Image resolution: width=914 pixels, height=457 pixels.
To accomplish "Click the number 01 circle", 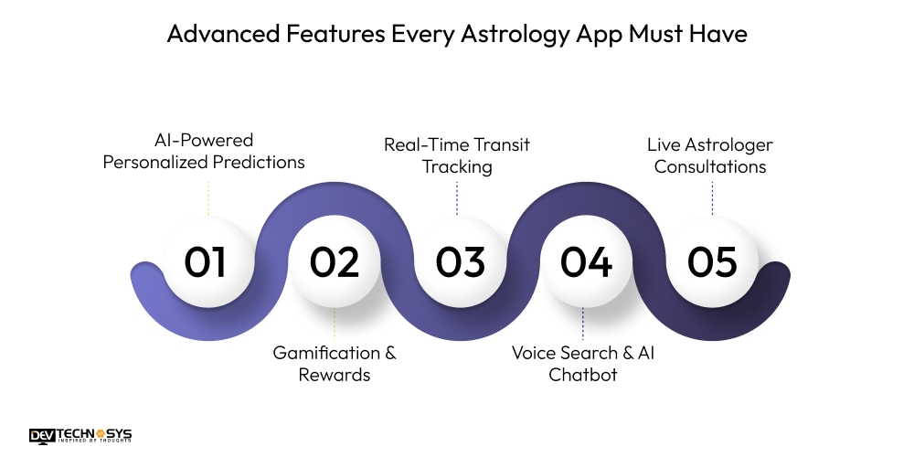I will coord(206,261).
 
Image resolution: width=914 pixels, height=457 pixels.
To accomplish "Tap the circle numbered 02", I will coord(334,261).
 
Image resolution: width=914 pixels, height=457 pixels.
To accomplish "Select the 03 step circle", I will coord(459,261).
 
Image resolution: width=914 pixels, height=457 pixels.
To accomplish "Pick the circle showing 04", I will coord(585,261).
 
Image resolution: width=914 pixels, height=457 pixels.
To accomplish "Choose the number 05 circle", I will coord(711,261).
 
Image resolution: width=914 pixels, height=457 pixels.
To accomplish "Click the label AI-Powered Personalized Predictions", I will coord(204,151).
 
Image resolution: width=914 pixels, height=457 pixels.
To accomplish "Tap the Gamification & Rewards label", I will coord(335,364).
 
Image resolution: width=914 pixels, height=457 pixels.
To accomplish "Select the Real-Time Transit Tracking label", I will coord(457,155).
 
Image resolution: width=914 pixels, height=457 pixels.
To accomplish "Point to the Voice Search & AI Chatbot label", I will coord(583,364).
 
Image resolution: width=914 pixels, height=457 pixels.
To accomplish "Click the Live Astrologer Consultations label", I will coord(710,155).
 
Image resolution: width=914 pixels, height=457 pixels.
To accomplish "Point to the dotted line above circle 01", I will coord(207,197).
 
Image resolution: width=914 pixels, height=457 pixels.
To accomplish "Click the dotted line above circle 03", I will coord(457,197).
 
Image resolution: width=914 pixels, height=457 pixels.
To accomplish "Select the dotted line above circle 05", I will coord(712,197).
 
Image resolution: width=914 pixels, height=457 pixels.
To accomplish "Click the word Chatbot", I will coord(583,375).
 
